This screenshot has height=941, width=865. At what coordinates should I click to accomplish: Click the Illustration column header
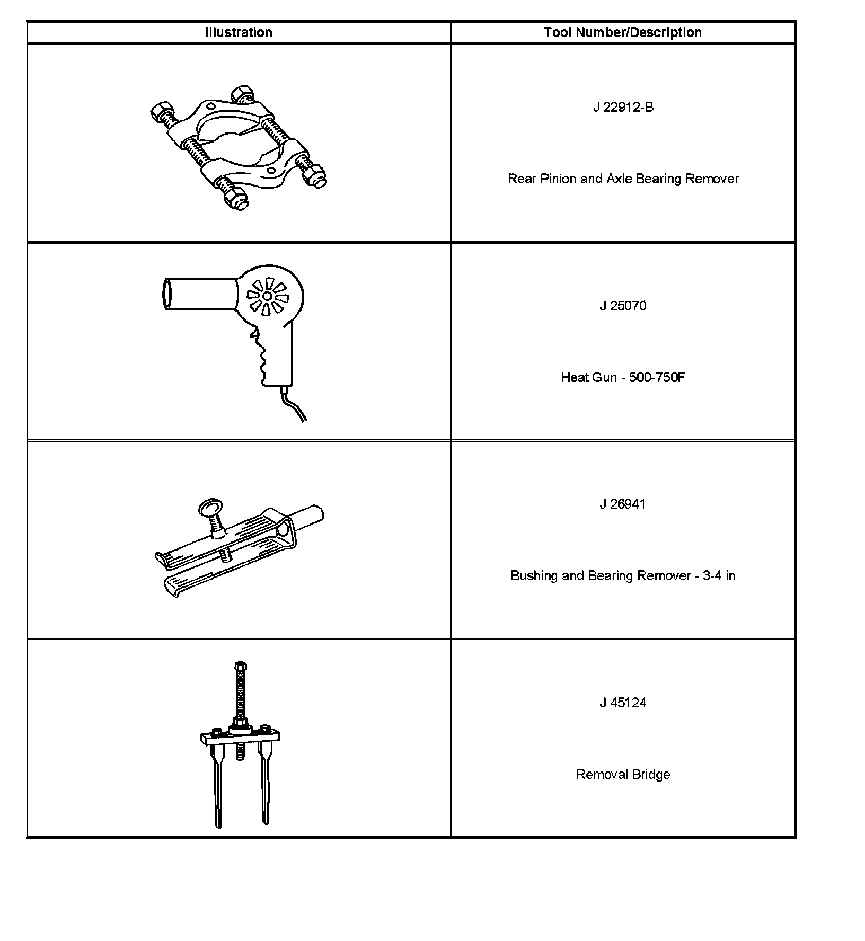pyautogui.click(x=239, y=32)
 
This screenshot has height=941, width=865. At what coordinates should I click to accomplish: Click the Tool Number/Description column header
pyautogui.click(x=623, y=32)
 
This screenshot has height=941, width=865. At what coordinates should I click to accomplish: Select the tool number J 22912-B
pyautogui.click(x=623, y=108)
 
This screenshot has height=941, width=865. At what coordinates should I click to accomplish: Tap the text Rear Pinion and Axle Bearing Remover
pyautogui.click(x=623, y=179)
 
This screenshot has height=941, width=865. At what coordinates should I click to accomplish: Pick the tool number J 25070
pyautogui.click(x=623, y=306)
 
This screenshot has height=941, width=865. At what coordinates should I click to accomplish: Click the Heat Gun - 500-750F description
pyautogui.click(x=623, y=377)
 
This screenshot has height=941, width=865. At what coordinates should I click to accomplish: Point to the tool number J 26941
pyautogui.click(x=623, y=504)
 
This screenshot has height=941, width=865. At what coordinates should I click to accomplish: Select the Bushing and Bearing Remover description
pyautogui.click(x=623, y=575)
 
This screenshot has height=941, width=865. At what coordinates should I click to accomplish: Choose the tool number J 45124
pyautogui.click(x=623, y=703)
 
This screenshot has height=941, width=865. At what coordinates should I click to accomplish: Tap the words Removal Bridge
pyautogui.click(x=623, y=774)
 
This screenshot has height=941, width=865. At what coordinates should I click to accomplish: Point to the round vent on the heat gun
pyautogui.click(x=268, y=296)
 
